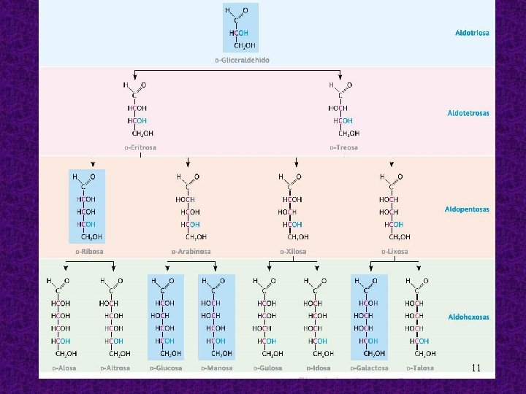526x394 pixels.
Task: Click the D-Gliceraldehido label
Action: tap(242, 60)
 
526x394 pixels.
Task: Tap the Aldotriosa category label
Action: tap(472, 33)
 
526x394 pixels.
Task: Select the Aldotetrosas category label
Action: tap(468, 113)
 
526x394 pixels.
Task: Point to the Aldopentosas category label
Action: tap(467, 209)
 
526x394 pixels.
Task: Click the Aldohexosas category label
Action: tap(468, 317)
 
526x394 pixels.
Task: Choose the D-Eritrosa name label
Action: tap(140, 147)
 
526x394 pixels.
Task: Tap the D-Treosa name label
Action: tap(343, 147)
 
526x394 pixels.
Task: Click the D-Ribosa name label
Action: tap(88, 252)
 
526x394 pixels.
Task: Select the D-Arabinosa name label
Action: tap(191, 252)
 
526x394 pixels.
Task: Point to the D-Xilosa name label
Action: tap(293, 252)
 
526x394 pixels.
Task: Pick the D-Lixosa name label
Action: tap(394, 252)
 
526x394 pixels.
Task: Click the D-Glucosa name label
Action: tap(167, 368)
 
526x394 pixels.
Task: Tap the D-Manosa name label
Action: tap(217, 368)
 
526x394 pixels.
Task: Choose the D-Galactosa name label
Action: tap(369, 368)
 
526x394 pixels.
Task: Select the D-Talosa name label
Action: tap(420, 368)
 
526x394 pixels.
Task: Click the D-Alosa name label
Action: tap(64, 368)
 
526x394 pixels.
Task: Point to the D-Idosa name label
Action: tap(319, 368)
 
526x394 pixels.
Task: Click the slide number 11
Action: tap(476, 368)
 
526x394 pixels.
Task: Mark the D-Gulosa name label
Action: tap(267, 368)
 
